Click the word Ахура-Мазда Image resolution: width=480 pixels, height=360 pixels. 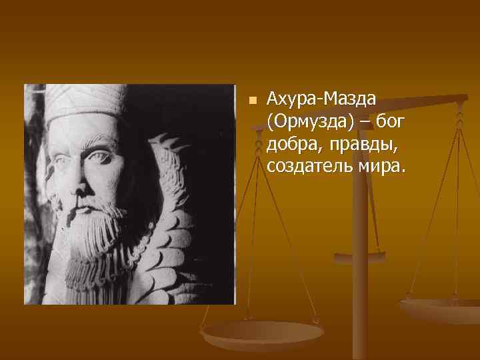coord(321,99)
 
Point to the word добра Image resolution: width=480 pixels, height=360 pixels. coord(293,143)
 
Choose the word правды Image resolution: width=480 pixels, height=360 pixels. coord(361,143)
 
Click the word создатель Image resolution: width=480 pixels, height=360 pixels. coord(308,165)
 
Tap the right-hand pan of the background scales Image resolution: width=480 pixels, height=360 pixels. coord(440,309)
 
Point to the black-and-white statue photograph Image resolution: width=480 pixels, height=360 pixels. coord(130,194)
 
